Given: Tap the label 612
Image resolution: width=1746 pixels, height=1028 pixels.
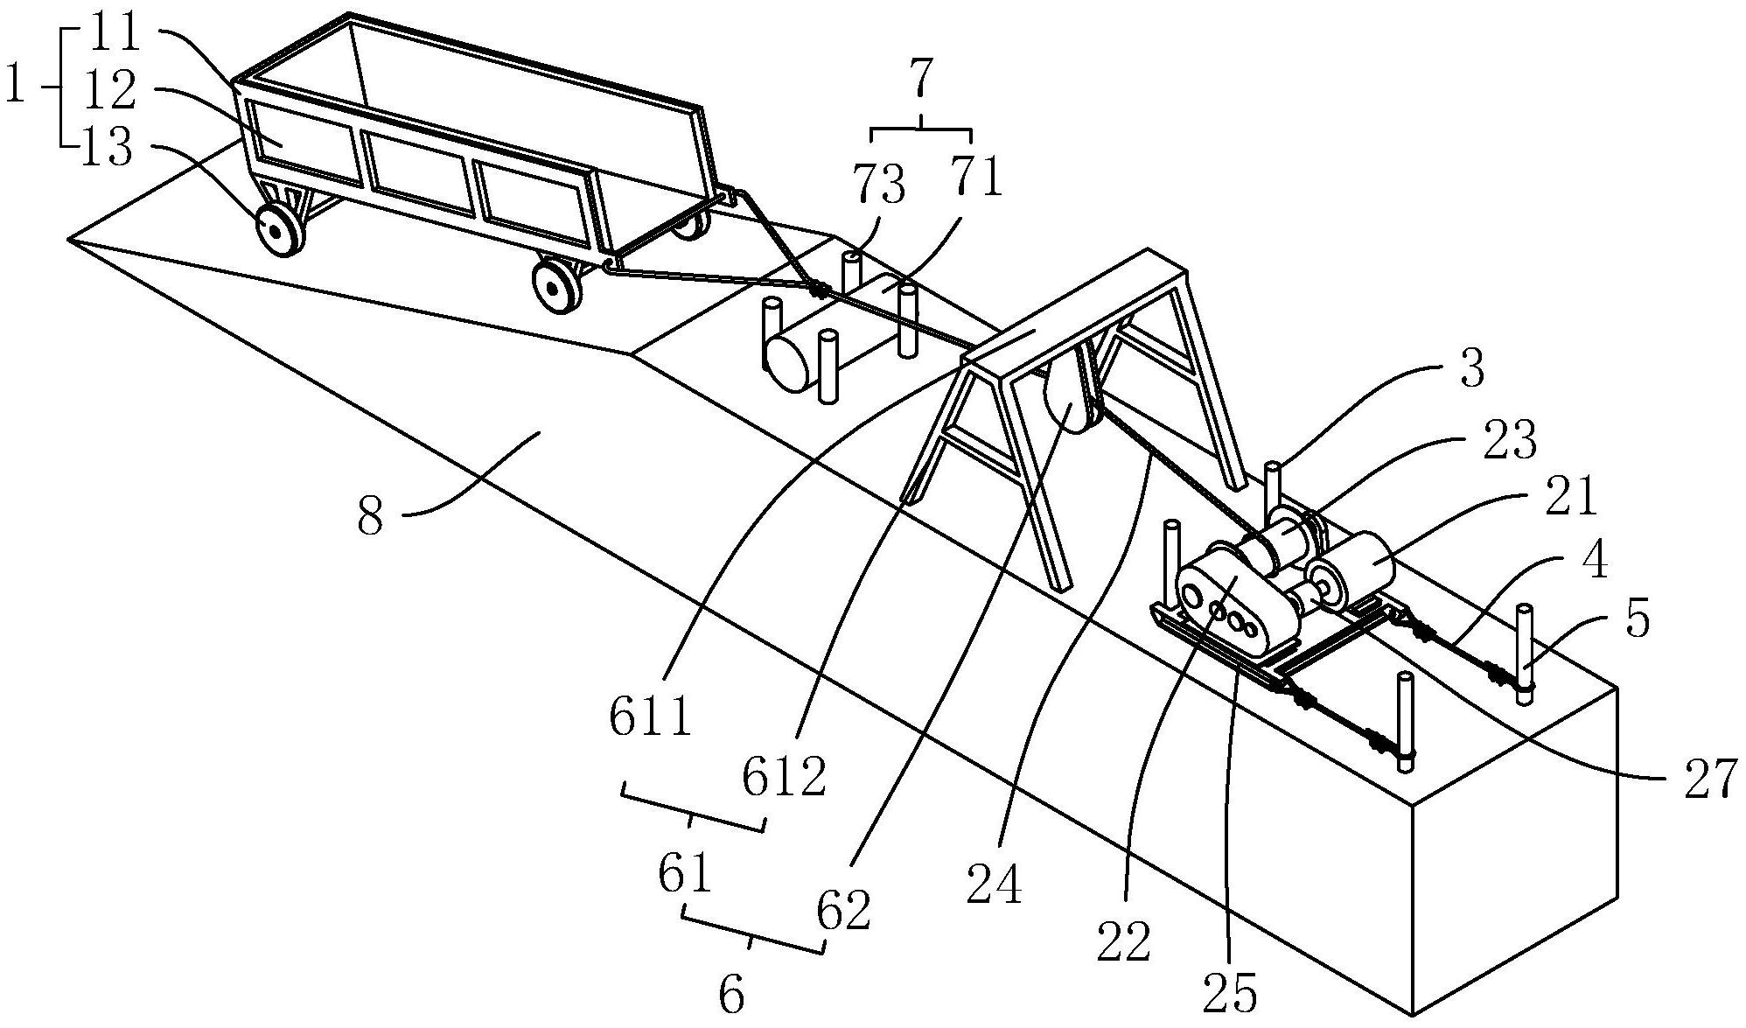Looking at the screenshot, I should pyautogui.click(x=785, y=776).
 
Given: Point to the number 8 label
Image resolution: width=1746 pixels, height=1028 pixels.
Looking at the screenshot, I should pyautogui.click(x=370, y=517).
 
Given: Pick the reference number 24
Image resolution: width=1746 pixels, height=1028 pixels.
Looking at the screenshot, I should pyautogui.click(x=995, y=885).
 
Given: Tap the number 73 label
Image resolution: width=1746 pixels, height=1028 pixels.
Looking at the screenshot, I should pyautogui.click(x=879, y=185).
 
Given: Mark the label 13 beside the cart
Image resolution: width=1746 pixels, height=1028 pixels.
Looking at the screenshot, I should pyautogui.click(x=106, y=150).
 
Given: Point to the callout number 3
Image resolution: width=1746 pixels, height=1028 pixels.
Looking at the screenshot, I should pyautogui.click(x=1472, y=368).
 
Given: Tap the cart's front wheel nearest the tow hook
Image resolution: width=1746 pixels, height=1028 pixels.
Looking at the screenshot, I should pyautogui.click(x=555, y=283).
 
